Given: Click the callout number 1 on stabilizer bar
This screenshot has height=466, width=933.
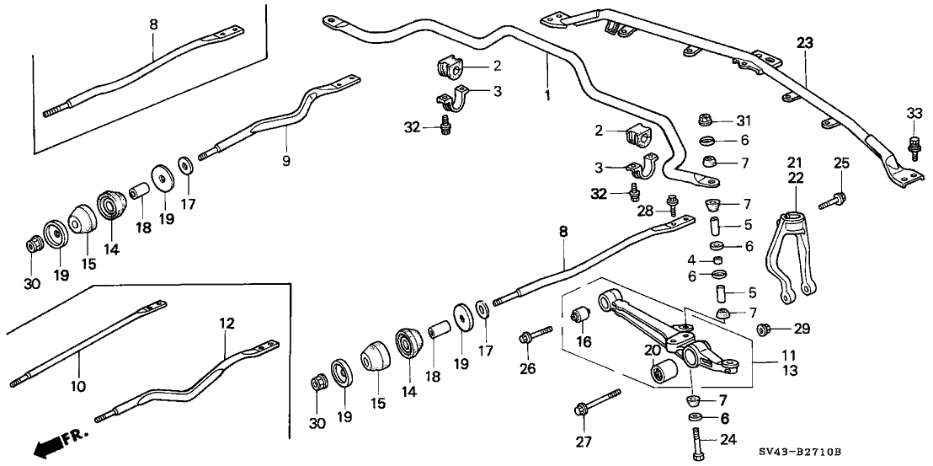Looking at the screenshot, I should [x=547, y=95].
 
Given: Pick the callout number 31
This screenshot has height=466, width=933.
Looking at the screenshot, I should [x=742, y=121].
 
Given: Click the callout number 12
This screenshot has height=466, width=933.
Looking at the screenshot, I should [x=226, y=324].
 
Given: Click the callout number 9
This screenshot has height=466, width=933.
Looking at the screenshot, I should [x=286, y=160].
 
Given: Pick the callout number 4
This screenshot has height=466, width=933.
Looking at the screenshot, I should [x=691, y=259].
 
